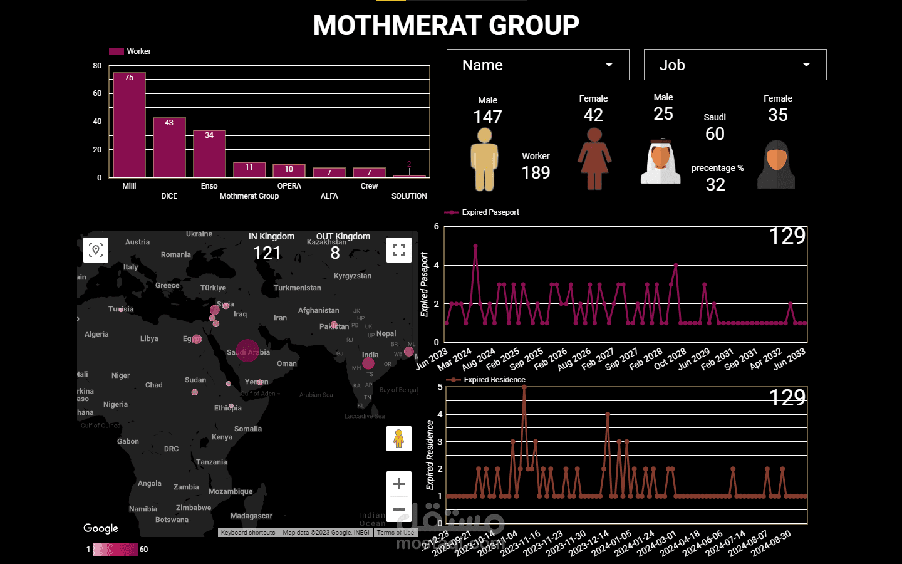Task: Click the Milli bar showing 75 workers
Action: point(129,125)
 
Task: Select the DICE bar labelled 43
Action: point(169,147)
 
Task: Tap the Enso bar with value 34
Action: point(209,154)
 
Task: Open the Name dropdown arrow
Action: point(609,65)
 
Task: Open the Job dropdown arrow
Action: point(806,65)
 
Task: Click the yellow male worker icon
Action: point(484,159)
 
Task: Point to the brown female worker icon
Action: point(594,159)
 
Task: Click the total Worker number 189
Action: point(536,173)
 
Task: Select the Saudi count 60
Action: point(715,134)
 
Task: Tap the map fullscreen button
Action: point(399,250)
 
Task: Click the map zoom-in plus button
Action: point(399,484)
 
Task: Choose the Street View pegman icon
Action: point(399,439)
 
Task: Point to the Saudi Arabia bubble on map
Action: point(247,351)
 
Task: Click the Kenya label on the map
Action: point(222,437)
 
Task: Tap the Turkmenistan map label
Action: point(297,288)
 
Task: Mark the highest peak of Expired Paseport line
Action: point(475,245)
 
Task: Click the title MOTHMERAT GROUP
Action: point(446,26)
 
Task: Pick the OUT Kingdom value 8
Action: point(335,253)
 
